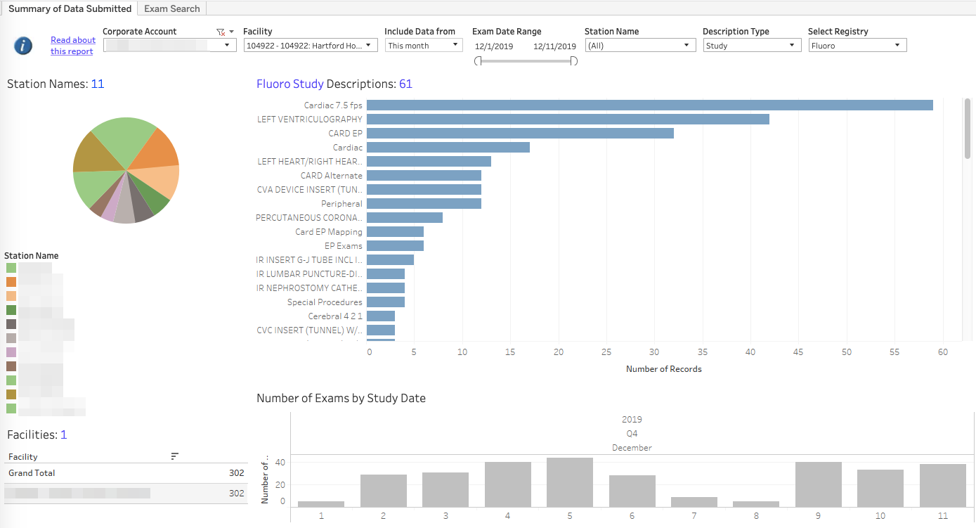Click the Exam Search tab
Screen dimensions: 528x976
click(x=172, y=8)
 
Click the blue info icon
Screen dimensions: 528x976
click(x=23, y=46)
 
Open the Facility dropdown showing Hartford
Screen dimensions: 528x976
click(x=311, y=46)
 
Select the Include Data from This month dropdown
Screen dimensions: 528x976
click(x=423, y=46)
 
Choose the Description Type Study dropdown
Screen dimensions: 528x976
click(x=752, y=46)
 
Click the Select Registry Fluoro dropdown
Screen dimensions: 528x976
click(x=857, y=46)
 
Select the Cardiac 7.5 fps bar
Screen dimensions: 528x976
click(x=649, y=105)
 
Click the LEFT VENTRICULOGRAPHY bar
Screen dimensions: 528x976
click(x=568, y=120)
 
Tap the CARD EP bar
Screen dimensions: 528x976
click(x=520, y=134)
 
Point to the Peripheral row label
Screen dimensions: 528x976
click(x=341, y=204)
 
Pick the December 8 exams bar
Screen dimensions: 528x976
click(x=755, y=503)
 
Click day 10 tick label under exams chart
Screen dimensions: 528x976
click(x=880, y=516)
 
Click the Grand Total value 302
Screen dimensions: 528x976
click(x=236, y=473)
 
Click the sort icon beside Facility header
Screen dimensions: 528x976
click(x=175, y=456)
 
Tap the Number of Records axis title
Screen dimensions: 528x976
click(x=663, y=369)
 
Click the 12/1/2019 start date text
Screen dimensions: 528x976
click(x=494, y=46)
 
